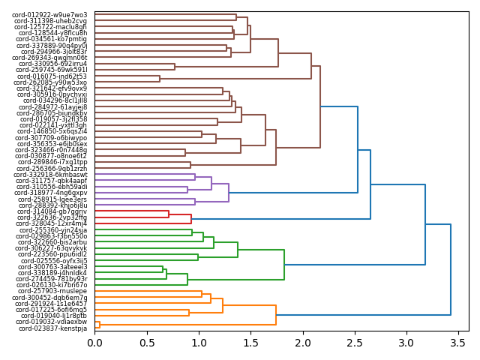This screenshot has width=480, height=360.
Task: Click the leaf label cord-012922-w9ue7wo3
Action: point(51,15)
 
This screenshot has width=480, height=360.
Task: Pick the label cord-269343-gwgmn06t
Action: point(49,58)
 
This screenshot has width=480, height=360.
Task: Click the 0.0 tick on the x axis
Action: point(94,343)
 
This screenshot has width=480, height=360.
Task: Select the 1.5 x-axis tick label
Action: point(250,343)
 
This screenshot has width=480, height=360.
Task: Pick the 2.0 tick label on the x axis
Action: point(302,343)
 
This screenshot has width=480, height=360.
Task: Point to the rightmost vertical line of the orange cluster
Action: point(276,315)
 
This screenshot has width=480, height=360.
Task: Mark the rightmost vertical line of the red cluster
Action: point(191,219)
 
